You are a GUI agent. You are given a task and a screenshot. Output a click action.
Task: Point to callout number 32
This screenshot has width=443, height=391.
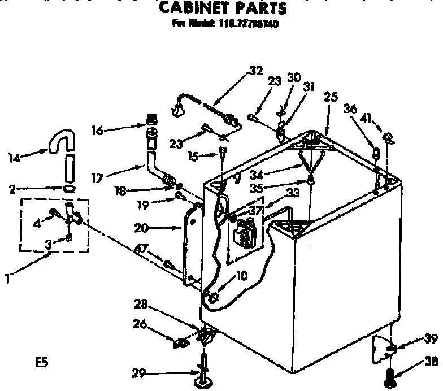pos(256,71)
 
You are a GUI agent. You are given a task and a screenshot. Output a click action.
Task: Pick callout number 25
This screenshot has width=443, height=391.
pos(331,97)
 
